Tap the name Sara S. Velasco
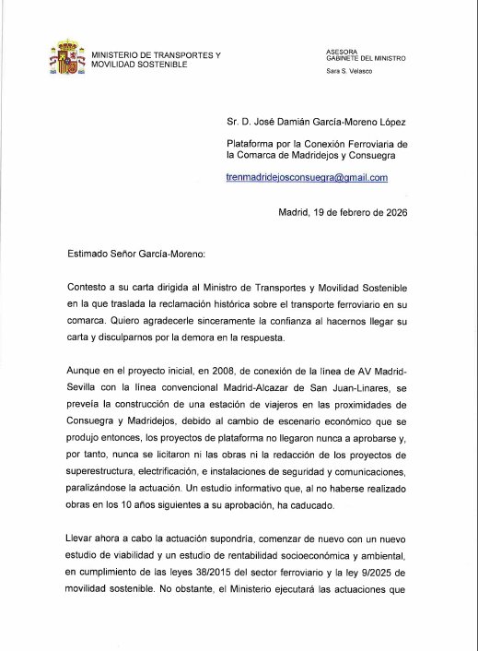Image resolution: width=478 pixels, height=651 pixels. pos(349,72)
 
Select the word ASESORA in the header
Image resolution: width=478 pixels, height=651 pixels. pos(343,52)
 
